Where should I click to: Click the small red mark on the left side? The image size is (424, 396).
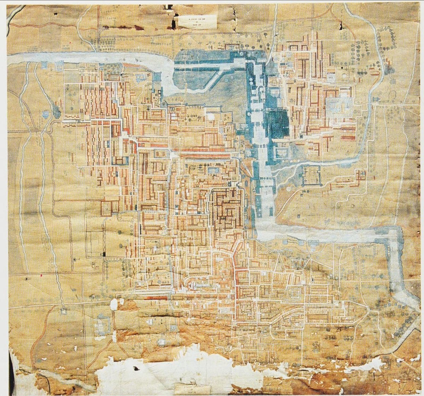(42, 274)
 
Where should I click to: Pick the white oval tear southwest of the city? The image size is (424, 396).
(114, 304)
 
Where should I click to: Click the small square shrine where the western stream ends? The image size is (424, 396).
(64, 311)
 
